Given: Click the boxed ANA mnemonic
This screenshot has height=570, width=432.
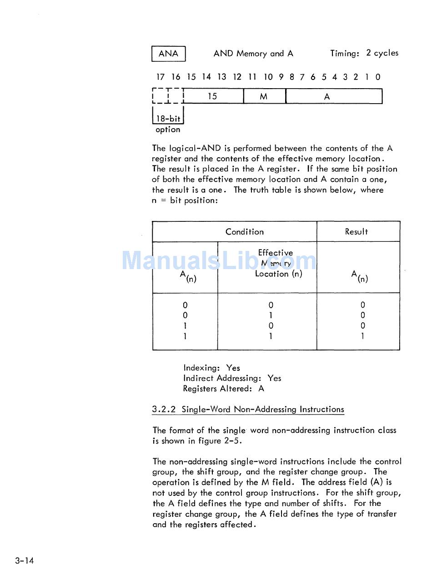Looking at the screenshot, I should tap(168, 54).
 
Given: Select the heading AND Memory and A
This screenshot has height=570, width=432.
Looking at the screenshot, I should tap(253, 54).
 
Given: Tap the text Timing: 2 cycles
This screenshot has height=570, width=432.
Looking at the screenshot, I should tap(364, 53).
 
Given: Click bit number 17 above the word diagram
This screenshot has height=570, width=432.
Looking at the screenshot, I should tap(160, 77).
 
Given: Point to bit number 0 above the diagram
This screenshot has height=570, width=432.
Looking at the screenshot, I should tap(378, 77).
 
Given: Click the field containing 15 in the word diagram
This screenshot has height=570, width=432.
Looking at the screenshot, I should tap(212, 96).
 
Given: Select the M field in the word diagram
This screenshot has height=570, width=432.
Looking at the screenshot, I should tap(264, 96).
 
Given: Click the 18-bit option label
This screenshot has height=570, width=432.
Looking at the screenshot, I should tap(168, 124).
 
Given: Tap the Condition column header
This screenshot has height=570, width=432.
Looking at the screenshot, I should tap(244, 232).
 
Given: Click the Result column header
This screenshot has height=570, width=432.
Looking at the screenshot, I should tap(357, 232).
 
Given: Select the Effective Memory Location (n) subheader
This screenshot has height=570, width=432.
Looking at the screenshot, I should tap(276, 263).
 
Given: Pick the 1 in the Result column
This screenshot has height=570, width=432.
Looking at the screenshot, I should tap(362, 336).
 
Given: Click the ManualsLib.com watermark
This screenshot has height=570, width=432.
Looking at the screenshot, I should tap(219, 261).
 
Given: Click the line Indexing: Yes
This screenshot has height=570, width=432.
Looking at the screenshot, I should tap(211, 368).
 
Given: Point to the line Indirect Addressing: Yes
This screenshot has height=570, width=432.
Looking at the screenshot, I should tap(232, 378).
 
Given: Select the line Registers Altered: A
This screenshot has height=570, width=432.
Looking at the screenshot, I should tap(223, 389).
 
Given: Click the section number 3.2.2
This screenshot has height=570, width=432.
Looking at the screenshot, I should tap(164, 410).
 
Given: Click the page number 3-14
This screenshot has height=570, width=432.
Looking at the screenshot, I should tap(24, 560).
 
